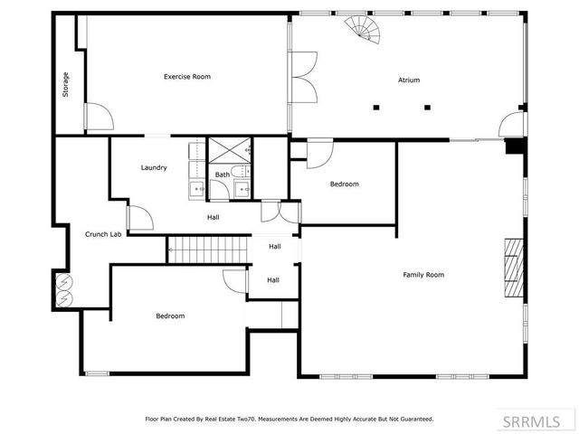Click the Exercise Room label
[186, 77]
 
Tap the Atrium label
[409, 80]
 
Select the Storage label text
[65, 84]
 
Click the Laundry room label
[154, 167]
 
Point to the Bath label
[222, 175]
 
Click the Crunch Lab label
[103, 234]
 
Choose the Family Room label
[423, 274]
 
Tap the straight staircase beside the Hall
[208, 250]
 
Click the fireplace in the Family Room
[514, 268]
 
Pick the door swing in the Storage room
[98, 118]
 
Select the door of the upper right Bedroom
[319, 155]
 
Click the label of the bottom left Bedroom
[170, 316]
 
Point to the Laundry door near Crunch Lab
[139, 218]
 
